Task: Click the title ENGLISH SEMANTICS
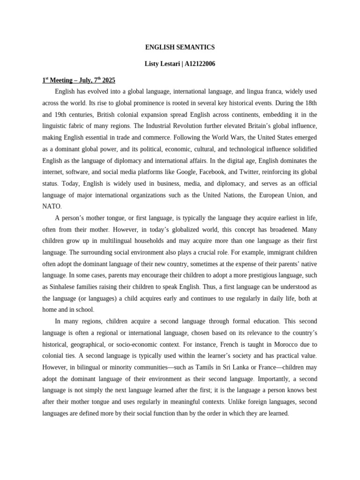click(180, 47)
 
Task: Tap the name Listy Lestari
click(161, 64)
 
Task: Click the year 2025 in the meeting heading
click(107, 80)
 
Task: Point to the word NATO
click(52, 206)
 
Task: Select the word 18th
click(309, 103)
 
